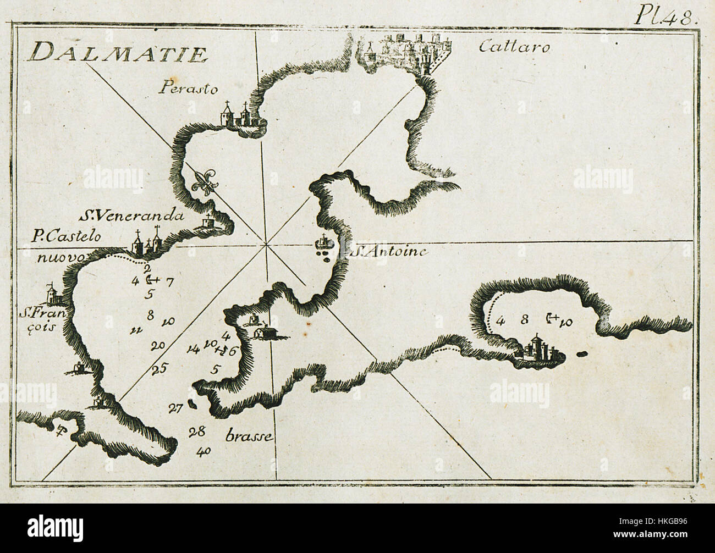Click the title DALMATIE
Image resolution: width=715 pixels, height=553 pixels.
[118, 53]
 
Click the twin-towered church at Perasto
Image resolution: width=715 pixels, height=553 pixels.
[235, 115]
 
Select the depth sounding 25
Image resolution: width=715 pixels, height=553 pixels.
[159, 369]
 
